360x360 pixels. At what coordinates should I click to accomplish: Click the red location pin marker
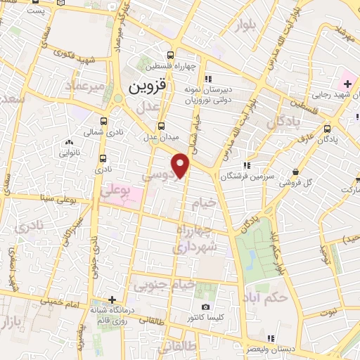point(182,165)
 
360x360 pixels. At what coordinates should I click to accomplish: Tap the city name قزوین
point(148,88)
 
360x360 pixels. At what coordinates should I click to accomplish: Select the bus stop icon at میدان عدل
point(162,126)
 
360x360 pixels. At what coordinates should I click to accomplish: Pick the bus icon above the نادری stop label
point(104,158)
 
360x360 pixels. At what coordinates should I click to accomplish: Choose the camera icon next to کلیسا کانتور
point(205,307)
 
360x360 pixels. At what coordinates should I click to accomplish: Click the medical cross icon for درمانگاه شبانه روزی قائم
point(111,300)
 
